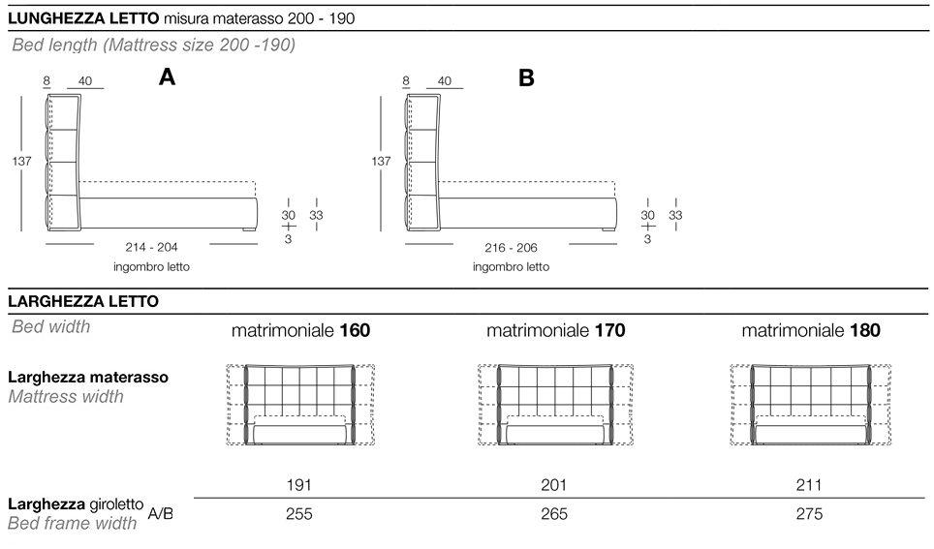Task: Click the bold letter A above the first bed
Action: [x=167, y=76]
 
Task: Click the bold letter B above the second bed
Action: [x=526, y=78]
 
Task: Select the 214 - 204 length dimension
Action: [x=151, y=247]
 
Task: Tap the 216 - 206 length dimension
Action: [x=511, y=248]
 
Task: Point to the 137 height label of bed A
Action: [x=22, y=161]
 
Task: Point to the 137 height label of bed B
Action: [x=381, y=161]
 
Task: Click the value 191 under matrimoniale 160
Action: [x=299, y=485]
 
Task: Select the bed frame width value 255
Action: [x=299, y=514]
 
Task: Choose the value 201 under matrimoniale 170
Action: [x=554, y=485]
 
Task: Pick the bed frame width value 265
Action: [x=554, y=514]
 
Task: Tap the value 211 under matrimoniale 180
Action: [x=809, y=485]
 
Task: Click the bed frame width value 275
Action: [x=809, y=514]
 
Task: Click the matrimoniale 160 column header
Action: [x=300, y=330]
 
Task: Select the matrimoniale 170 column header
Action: [x=556, y=330]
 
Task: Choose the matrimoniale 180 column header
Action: [x=811, y=330]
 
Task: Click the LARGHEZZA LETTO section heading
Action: [x=83, y=301]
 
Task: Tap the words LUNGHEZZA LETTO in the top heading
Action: [x=83, y=18]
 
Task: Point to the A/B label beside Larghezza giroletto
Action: [x=160, y=513]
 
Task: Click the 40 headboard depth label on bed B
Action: [x=445, y=81]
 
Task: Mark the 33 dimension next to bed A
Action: [x=316, y=215]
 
